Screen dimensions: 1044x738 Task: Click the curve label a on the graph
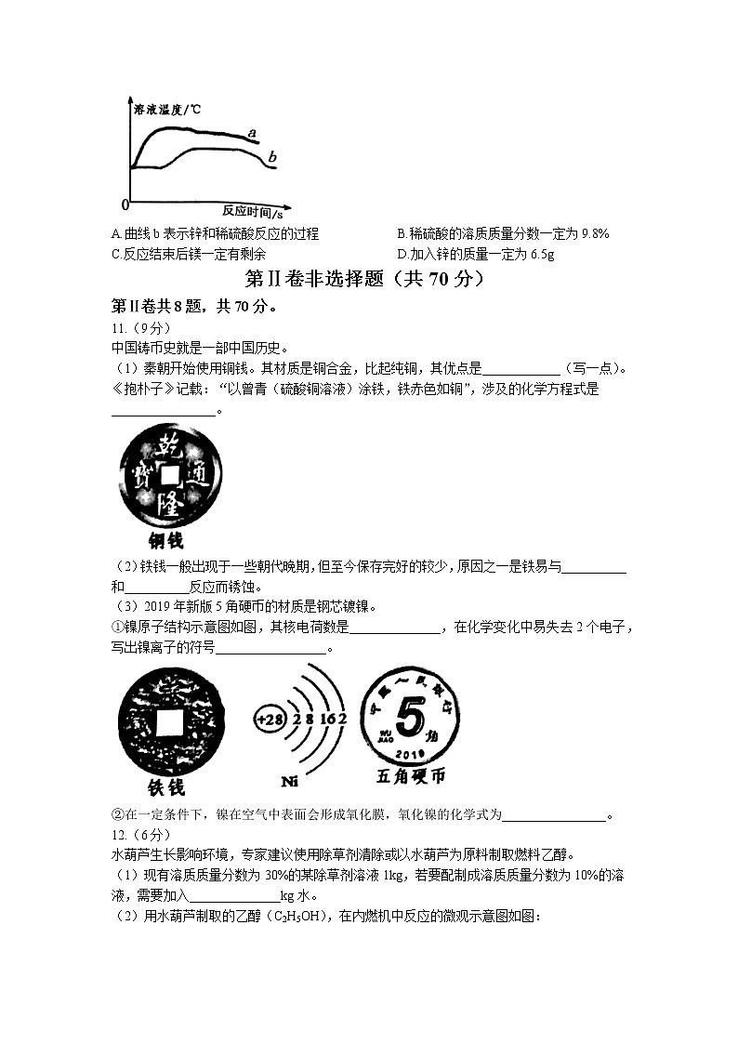252,134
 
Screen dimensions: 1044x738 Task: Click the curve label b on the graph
272,158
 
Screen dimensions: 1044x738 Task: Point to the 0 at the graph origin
125,204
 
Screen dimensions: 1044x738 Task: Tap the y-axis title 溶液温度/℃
167,110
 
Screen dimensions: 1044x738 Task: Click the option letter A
114,233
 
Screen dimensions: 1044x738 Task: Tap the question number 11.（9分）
135,328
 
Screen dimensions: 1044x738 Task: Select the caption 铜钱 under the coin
166,540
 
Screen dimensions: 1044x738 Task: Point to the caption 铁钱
165,786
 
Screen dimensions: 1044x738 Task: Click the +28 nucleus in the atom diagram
270,720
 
